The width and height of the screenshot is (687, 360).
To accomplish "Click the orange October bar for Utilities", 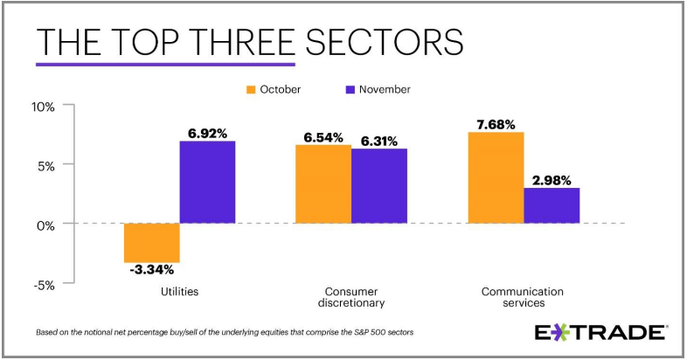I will click(x=152, y=243).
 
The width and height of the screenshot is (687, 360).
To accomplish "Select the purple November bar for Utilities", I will click(x=207, y=182).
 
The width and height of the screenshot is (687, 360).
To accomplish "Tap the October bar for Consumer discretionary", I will click(x=323, y=184).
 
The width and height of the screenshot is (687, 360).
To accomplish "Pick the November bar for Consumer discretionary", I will click(x=379, y=186).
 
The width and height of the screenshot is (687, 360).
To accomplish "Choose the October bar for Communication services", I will click(x=496, y=177).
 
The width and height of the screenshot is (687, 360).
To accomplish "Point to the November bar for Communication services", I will click(x=552, y=205).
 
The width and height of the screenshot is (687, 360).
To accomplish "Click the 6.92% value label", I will click(x=207, y=134).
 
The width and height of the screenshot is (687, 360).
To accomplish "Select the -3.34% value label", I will click(x=152, y=269).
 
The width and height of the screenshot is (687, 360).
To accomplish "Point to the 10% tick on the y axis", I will click(x=43, y=107).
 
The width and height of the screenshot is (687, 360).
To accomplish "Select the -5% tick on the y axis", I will click(x=44, y=284).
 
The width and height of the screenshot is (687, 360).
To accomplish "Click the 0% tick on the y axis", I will click(x=45, y=225).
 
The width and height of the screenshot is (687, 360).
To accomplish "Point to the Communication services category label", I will click(x=524, y=297).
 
